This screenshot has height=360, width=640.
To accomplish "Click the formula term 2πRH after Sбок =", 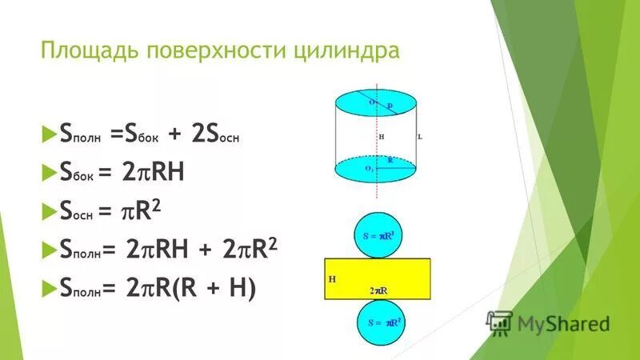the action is [154, 172].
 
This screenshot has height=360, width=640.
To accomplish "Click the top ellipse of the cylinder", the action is [376, 103].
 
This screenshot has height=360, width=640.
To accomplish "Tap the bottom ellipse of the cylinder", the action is [376, 169].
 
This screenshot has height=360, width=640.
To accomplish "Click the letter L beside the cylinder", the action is [420, 137].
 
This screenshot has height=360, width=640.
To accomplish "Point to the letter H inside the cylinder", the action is [382, 137].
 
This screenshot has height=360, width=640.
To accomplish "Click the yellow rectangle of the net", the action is [377, 278].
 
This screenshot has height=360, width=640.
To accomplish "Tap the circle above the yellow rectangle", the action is [378, 234].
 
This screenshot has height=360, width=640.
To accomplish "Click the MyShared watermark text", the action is [563, 323].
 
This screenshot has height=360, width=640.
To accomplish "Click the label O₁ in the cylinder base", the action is [369, 169].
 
